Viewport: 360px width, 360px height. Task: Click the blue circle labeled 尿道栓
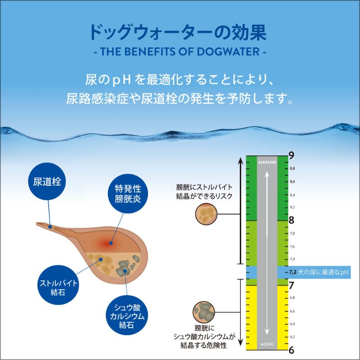tap(47, 181)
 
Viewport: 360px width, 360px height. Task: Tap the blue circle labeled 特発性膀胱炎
tap(128, 193)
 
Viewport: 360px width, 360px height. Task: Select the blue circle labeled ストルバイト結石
tap(58, 285)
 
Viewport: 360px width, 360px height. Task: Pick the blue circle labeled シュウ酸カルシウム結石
tap(127, 315)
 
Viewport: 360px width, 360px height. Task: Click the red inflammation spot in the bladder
tap(110, 243)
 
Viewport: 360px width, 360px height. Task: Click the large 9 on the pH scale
tap(291, 156)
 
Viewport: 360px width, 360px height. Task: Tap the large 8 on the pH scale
tap(291, 220)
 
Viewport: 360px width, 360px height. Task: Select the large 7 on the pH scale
tap(291, 286)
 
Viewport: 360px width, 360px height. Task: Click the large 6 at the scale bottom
tap(291, 351)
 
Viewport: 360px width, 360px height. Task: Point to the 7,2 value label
tap(293, 272)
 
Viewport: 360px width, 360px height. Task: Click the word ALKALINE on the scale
tap(267, 162)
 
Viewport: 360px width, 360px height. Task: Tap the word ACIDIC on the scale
tap(267, 344)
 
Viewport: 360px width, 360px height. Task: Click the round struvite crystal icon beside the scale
tap(206, 214)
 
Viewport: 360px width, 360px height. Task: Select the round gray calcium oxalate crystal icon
tap(204, 312)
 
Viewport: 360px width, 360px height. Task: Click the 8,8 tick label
tap(292, 168)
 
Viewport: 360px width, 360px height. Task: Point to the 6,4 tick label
tap(292, 324)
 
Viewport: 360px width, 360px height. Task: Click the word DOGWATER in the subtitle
tap(228, 52)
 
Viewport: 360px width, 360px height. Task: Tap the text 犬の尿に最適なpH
tap(323, 272)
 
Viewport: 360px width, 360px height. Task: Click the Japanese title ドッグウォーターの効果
tap(178, 32)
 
